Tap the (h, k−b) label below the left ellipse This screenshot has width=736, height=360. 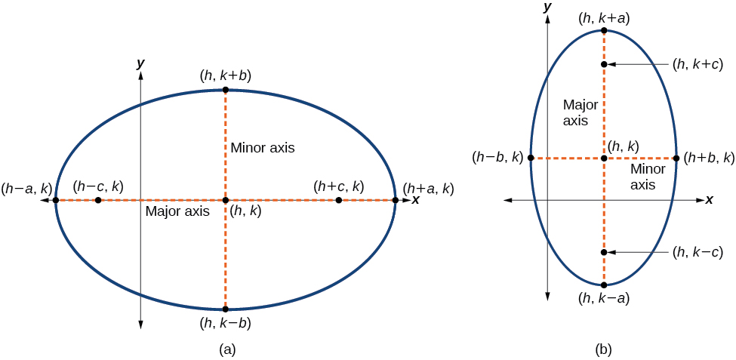coord(225,324)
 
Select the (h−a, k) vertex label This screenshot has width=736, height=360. coord(26,188)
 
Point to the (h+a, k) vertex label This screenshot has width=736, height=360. coord(429,188)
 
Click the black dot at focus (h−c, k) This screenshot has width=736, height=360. coord(98,200)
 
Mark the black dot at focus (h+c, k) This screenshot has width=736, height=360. coord(338,200)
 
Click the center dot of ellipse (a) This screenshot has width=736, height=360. coord(225,200)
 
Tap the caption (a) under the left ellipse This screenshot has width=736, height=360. coord(226,349)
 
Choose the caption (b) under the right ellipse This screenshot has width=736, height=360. coord(603,349)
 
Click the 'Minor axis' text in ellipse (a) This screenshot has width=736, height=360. coord(263,147)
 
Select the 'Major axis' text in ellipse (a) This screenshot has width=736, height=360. coord(177,211)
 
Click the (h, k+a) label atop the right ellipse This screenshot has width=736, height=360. coord(604,17)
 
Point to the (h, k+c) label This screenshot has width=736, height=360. coord(698,65)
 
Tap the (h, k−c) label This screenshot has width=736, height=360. coord(698,252)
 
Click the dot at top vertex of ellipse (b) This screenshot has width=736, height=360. coord(604,31)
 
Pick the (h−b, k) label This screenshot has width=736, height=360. coord(497,158)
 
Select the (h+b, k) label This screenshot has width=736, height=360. coord(709,158)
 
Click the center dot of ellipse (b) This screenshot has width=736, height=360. coord(604,158)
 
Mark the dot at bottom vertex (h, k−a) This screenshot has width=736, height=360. coord(604,285)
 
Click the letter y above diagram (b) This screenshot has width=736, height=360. coord(546,7)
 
